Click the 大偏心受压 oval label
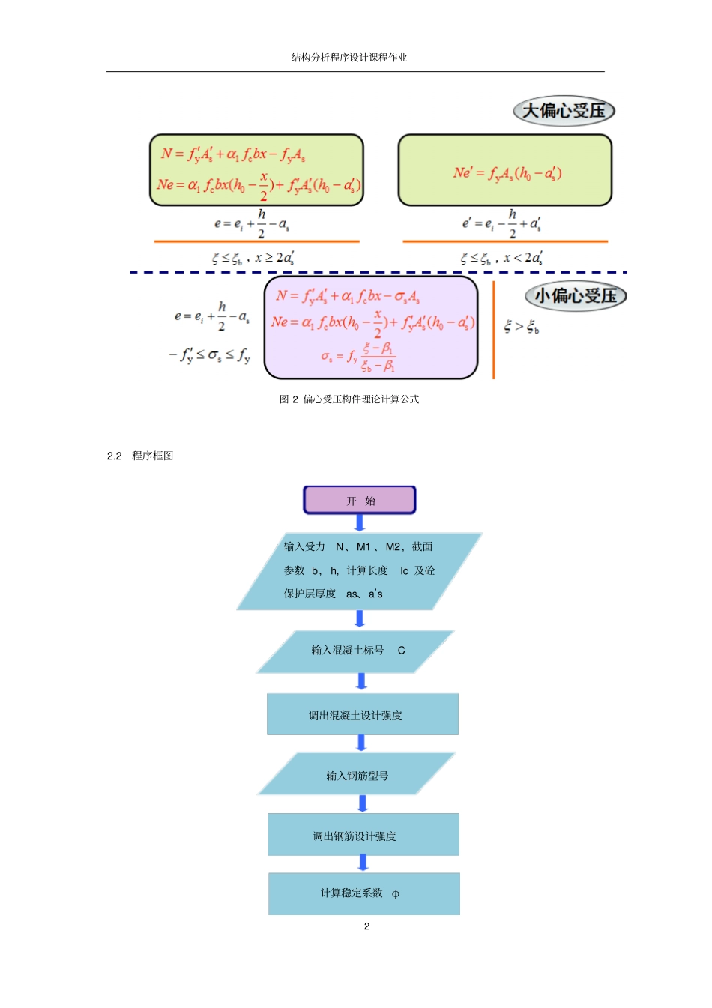tap(564, 111)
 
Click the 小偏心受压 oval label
tap(575, 295)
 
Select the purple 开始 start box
tap(360, 500)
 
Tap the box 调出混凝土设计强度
tap(362, 715)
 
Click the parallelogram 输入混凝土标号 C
tap(356, 651)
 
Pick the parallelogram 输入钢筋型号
tap(357, 775)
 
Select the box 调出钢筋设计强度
tap(363, 835)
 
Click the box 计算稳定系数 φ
tap(363, 893)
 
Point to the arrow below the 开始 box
tap(360, 523)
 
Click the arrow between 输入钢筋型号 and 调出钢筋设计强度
tap(363, 803)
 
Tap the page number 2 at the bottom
tap(366, 926)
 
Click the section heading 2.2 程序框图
tap(140, 456)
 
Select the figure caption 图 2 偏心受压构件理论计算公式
tap(349, 399)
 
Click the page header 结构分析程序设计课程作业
tap(349, 58)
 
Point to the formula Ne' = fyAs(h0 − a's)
tap(507, 173)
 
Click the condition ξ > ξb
tap(521, 326)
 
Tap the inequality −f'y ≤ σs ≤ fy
tap(209, 354)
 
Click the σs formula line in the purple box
tap(357, 357)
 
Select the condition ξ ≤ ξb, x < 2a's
tap(501, 258)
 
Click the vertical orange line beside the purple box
tap(493, 330)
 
